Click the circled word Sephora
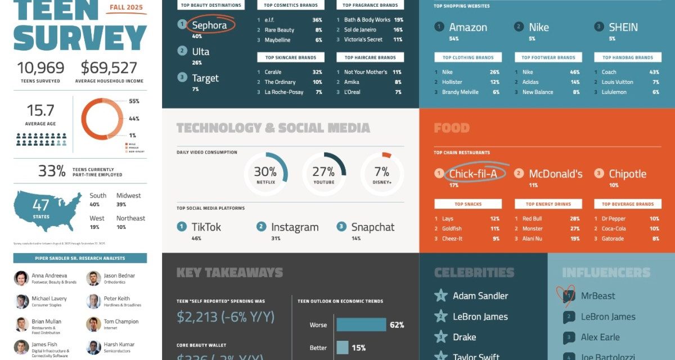coord(210,25)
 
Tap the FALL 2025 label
coord(126,8)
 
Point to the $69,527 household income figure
coord(109,68)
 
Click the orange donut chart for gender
coord(102,120)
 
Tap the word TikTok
coord(206,227)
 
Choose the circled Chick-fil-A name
coord(473,174)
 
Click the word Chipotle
coord(628,174)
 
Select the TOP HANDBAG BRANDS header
coord(628,57)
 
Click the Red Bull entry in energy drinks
coord(532,218)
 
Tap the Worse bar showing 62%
coord(361,325)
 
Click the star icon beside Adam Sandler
coord(441,296)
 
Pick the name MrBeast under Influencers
coord(598,296)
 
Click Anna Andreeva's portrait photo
coord(21,278)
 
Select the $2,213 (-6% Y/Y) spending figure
coord(226,317)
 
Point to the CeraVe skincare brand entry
coord(273,72)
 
